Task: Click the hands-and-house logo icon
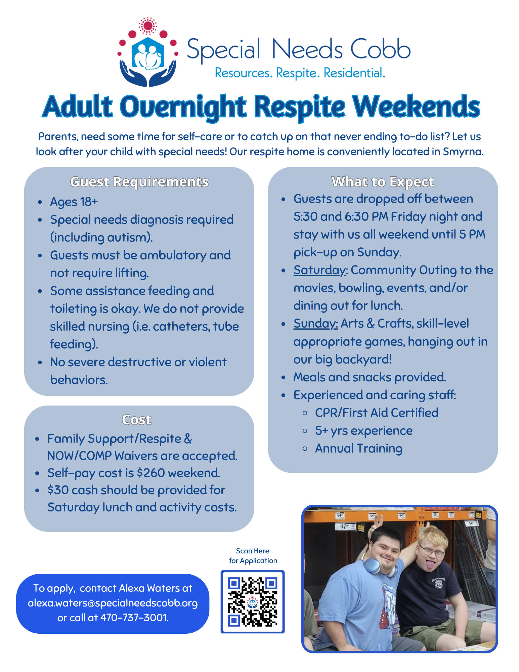click(x=147, y=54)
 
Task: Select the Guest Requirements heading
click(x=139, y=182)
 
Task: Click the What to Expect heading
click(x=383, y=182)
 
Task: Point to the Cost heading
click(x=137, y=420)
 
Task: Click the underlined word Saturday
click(x=319, y=270)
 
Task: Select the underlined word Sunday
click(x=315, y=324)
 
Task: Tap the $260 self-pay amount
click(x=151, y=473)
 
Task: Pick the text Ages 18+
click(x=74, y=202)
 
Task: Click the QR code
click(x=253, y=602)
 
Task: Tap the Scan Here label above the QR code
click(x=253, y=551)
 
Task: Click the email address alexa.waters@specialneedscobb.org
click(x=113, y=603)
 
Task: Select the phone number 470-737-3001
click(x=134, y=618)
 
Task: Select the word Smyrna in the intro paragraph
click(x=462, y=152)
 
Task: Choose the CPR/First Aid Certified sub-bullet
click(x=377, y=413)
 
